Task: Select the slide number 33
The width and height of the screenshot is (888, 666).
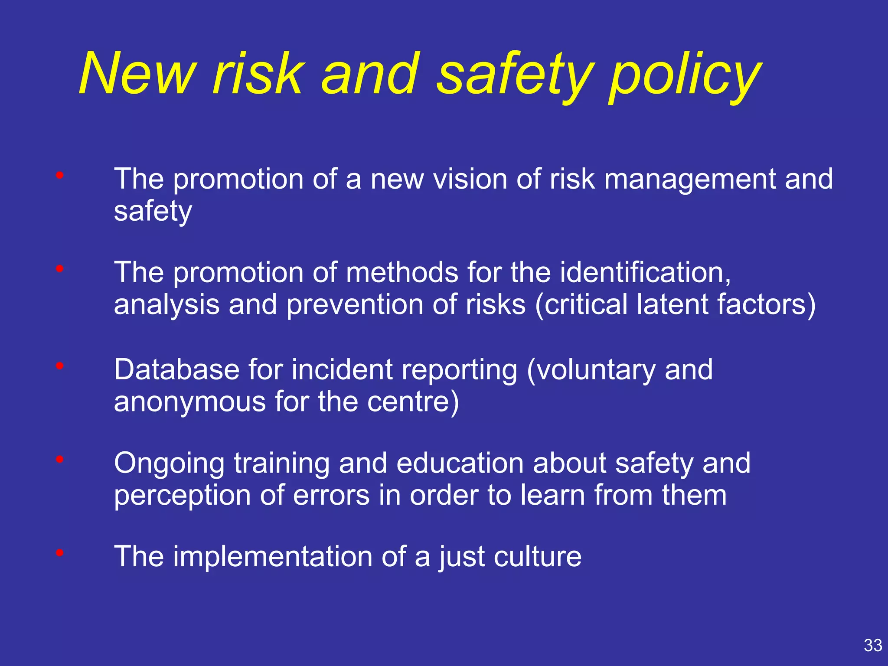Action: pyautogui.click(x=873, y=645)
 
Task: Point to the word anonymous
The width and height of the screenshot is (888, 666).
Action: pyautogui.click(x=189, y=402)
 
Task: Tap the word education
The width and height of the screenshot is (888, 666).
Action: pyautogui.click(x=460, y=463)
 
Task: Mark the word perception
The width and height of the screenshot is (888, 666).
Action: pyautogui.click(x=182, y=496)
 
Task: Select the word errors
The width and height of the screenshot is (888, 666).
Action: pyautogui.click(x=331, y=495)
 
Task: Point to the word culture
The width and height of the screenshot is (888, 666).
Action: pyautogui.click(x=538, y=556)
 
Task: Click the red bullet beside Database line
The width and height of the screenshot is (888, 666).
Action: pyautogui.click(x=60, y=366)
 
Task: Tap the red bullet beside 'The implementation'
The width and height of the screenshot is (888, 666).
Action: pyautogui.click(x=60, y=553)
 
